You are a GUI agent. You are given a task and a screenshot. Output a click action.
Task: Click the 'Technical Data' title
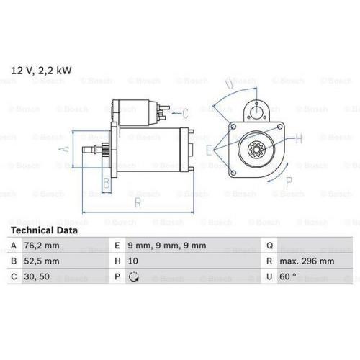(x=44, y=230)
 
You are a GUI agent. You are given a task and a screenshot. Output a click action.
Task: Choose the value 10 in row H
(x=132, y=262)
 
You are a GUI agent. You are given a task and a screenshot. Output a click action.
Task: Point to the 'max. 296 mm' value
(x=307, y=262)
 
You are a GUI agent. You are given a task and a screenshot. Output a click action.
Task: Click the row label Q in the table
(x=269, y=246)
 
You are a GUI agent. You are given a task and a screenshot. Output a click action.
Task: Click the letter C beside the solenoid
(x=185, y=112)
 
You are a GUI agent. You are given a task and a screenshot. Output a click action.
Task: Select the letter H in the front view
(x=297, y=138)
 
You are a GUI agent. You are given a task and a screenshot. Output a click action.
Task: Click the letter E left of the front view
(x=208, y=150)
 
